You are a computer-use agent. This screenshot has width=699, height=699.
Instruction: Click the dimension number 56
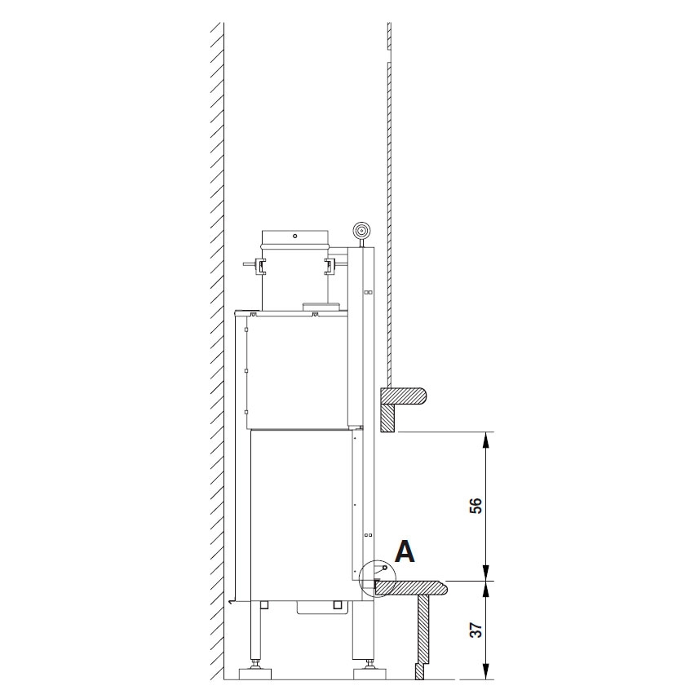tap(476, 506)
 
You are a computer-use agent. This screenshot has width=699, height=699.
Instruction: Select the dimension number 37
tap(476, 630)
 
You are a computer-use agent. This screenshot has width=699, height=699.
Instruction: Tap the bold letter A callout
tap(405, 551)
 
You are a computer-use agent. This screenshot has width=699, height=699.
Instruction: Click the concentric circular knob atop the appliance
tap(361, 231)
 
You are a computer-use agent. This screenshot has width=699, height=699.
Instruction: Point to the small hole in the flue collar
tap(294, 235)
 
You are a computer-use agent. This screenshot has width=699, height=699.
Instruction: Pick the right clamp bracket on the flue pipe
tap(330, 266)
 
